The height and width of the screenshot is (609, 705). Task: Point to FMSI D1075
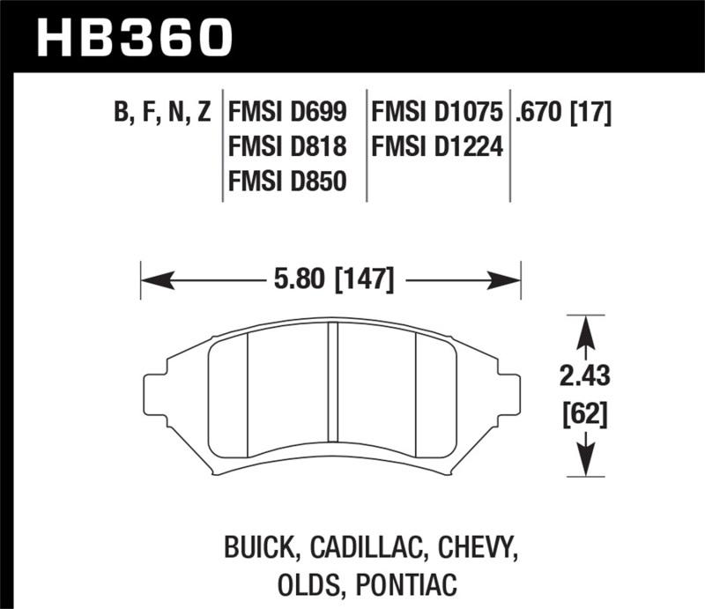(438, 113)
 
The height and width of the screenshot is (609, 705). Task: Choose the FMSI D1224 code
(438, 147)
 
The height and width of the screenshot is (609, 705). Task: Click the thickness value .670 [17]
(564, 113)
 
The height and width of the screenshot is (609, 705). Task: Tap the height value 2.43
(583, 378)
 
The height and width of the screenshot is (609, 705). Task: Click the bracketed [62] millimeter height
(583, 412)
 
